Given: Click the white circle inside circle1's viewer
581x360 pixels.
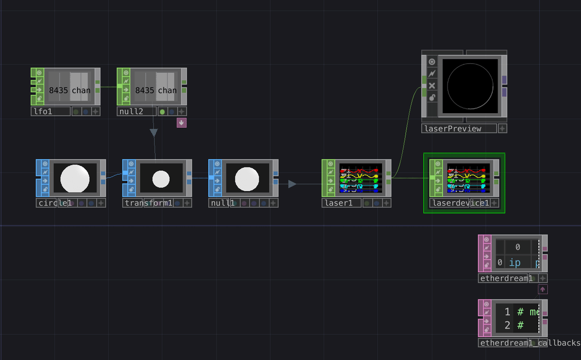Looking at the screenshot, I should [x=75, y=178].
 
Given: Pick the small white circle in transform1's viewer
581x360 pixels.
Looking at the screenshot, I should [x=161, y=179].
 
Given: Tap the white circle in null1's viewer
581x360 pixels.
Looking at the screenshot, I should [x=247, y=179].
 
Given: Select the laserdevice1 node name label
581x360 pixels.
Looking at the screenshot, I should [x=459, y=203].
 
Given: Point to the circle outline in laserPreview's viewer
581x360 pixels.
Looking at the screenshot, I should [x=493, y=86].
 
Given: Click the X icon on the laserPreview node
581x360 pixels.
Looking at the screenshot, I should [x=432, y=86].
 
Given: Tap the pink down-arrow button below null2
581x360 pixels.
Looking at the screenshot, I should [x=182, y=122].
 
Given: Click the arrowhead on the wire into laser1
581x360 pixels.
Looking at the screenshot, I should [x=292, y=184].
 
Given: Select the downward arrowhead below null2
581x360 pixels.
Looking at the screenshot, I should [x=153, y=133].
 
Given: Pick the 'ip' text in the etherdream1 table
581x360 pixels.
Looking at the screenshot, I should [x=514, y=263].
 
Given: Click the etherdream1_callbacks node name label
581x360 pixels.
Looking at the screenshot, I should [x=528, y=343].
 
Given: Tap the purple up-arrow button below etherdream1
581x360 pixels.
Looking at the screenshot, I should [x=543, y=289].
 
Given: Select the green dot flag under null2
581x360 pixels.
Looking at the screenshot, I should [x=162, y=112].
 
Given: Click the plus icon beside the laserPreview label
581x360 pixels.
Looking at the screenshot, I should [x=503, y=129].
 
